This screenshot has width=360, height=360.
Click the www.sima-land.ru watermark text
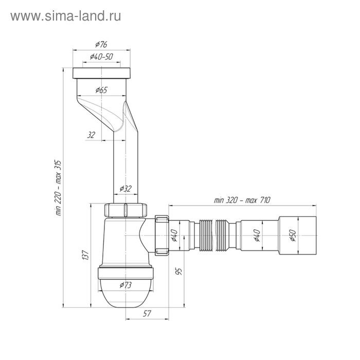[x=65, y=16]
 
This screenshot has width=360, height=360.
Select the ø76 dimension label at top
[x=101, y=45]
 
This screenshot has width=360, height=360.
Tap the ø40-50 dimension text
[x=101, y=57]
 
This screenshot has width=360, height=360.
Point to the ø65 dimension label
[x=101, y=91]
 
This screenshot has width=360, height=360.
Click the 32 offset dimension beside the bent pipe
[x=92, y=135]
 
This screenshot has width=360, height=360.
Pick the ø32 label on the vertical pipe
[x=126, y=189]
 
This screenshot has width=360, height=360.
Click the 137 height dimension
[x=86, y=255]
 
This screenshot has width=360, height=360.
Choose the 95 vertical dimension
[x=178, y=271]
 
